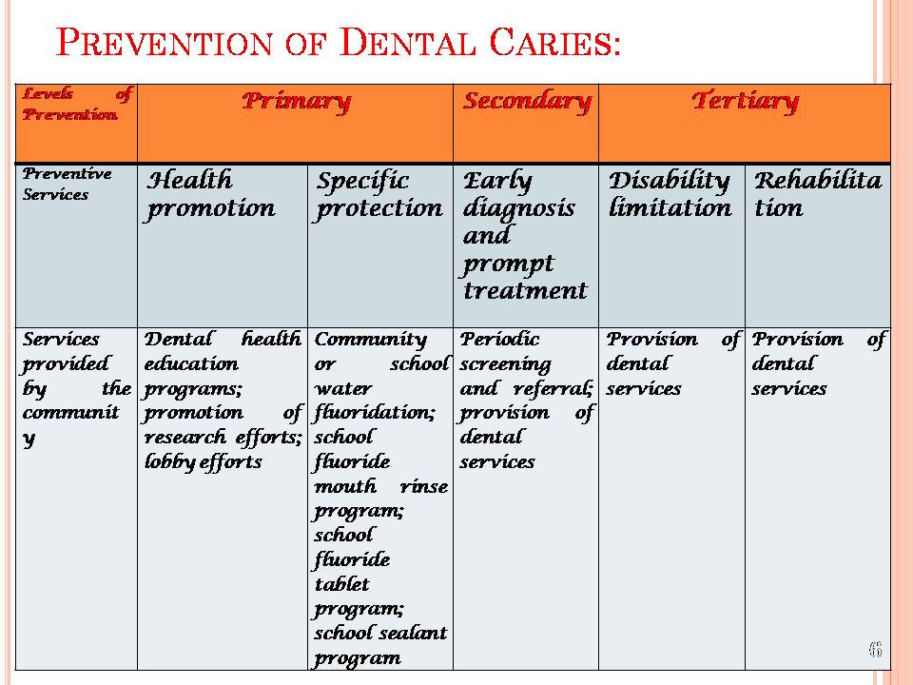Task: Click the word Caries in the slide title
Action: (x=554, y=42)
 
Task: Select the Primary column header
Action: (x=296, y=102)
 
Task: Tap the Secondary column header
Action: (x=526, y=102)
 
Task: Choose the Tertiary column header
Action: (x=746, y=102)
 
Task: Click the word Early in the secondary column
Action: (x=497, y=182)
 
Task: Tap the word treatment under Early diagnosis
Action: (x=525, y=290)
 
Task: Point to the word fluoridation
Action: (x=375, y=413)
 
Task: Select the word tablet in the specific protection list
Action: (x=341, y=583)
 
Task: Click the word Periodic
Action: (x=499, y=339)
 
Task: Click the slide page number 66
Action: (x=875, y=649)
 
